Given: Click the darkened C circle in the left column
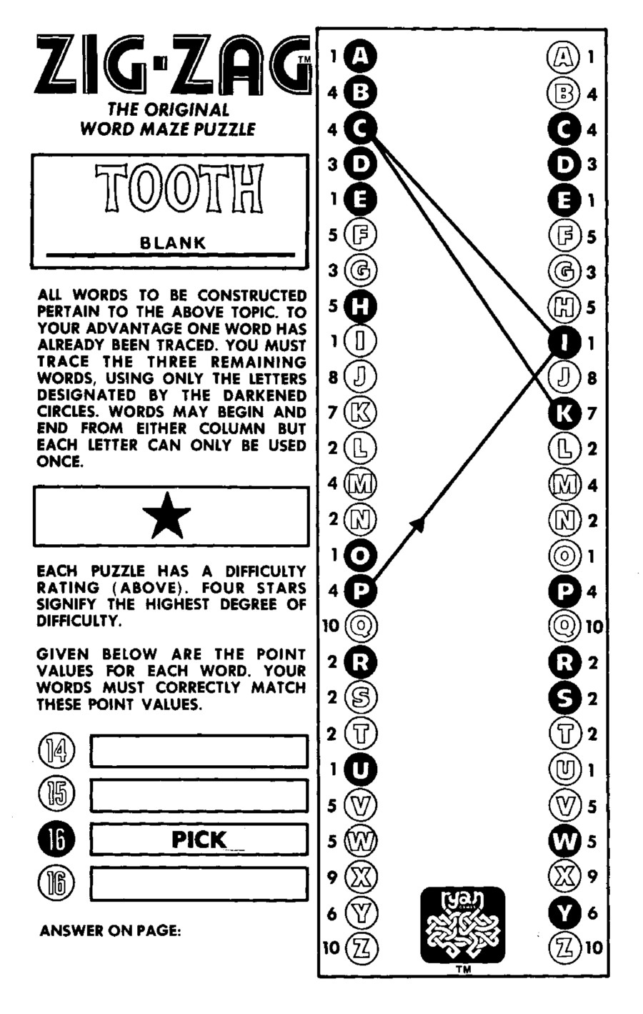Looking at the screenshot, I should [360, 129].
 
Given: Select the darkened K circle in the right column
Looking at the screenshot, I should [564, 413].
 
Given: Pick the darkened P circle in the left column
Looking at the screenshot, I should [361, 591].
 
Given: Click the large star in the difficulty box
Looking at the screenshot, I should [166, 516].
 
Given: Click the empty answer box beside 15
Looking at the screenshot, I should [199, 794].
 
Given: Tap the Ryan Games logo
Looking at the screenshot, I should [462, 925].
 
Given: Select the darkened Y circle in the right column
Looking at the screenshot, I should [564, 912].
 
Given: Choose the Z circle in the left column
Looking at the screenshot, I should [362, 948].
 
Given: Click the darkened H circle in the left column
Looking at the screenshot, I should [361, 307].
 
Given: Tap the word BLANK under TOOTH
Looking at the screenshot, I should [172, 242].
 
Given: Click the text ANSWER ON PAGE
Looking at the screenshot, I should [110, 931].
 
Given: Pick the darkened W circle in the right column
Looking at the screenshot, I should [564, 841].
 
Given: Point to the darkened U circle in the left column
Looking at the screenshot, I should [361, 769].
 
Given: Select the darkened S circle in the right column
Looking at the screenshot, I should [564, 698].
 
